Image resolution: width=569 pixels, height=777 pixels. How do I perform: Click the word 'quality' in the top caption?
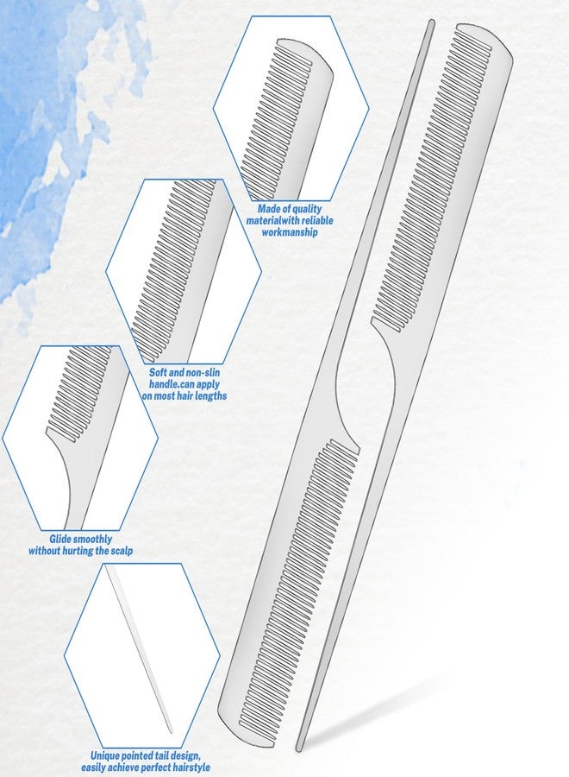coord(303,209)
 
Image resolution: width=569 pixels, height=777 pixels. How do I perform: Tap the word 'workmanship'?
coord(290,232)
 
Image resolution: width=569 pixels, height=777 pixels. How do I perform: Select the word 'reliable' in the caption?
coord(314,220)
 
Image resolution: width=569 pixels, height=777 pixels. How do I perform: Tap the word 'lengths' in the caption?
coord(209,396)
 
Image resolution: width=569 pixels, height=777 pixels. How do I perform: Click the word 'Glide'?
coord(59,539)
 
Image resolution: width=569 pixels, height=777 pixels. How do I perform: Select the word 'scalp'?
coord(122,551)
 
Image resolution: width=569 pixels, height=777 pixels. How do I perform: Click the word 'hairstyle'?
coord(191,768)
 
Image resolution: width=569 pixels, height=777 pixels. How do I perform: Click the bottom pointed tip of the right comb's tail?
coord(298,749)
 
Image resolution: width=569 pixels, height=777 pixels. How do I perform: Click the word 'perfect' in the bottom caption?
coord(156,768)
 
